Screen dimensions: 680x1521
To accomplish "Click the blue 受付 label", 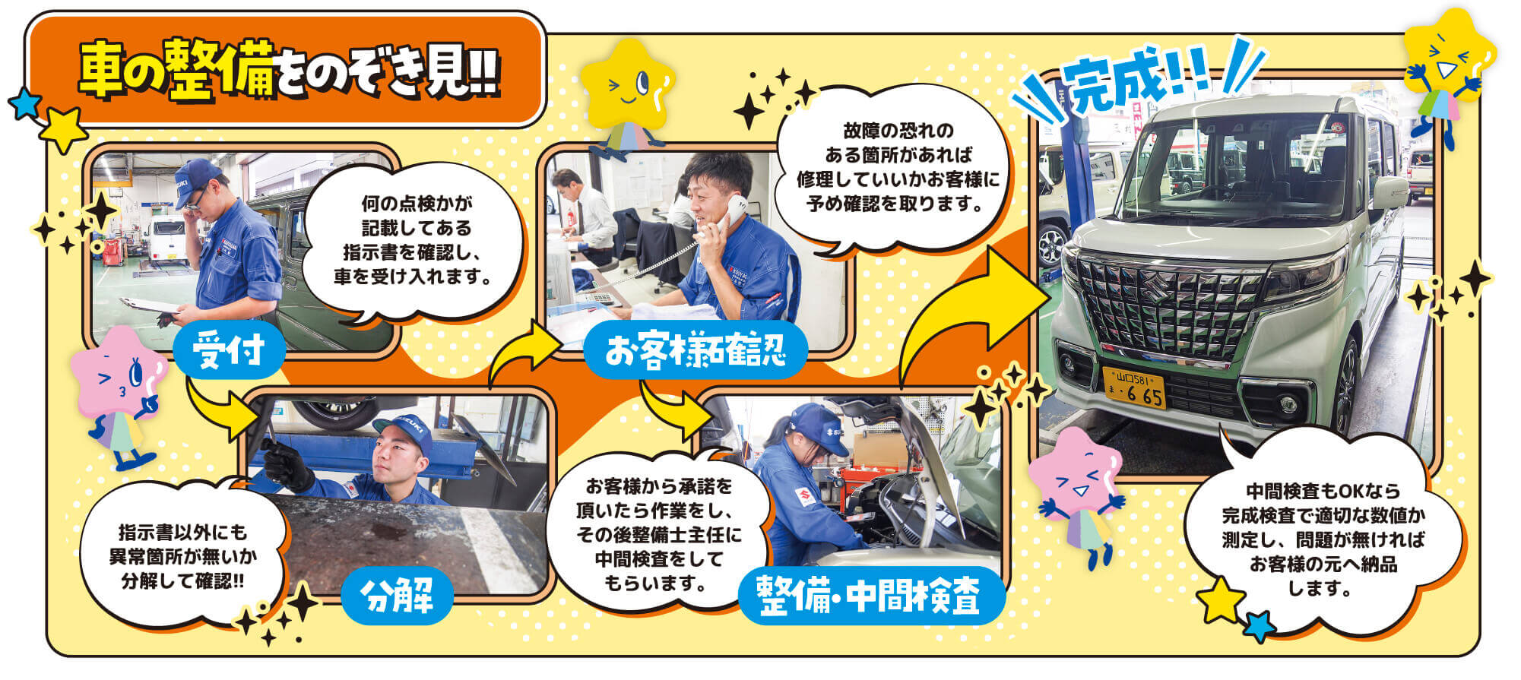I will (229, 350).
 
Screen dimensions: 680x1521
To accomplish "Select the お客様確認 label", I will (695, 352).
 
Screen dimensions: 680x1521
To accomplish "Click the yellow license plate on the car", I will (1134, 387).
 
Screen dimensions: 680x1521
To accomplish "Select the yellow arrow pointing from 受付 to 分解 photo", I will (220, 410).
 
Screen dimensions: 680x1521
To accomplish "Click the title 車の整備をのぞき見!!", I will (289, 70).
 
